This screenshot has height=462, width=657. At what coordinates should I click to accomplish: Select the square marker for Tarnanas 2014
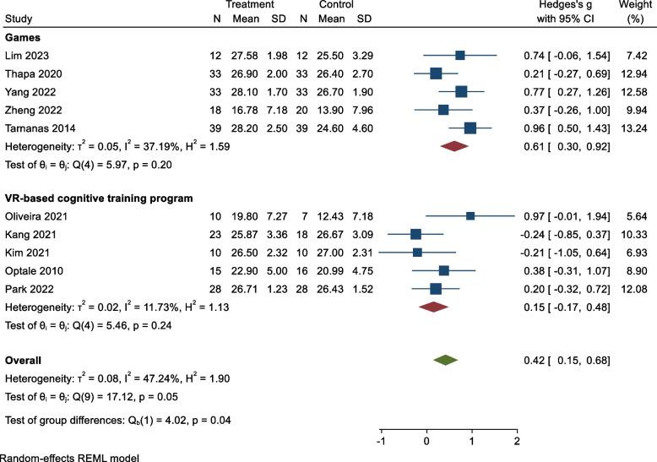click(x=470, y=128)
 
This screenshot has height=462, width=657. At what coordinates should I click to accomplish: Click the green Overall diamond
click(x=446, y=360)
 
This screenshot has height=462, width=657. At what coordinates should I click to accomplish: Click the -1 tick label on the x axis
click(x=381, y=440)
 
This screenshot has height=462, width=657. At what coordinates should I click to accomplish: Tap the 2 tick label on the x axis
click(x=516, y=440)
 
